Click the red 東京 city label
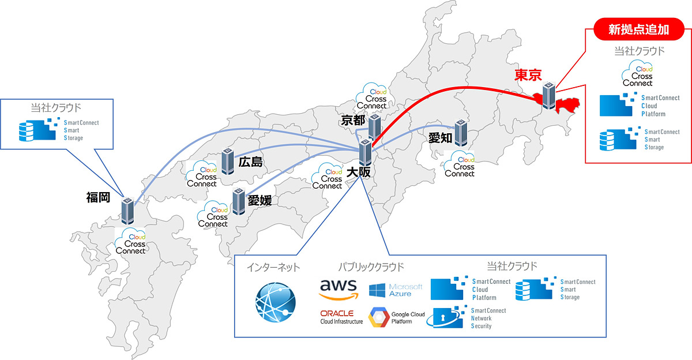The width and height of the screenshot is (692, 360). pos(528,76)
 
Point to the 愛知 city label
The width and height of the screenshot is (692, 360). pos(440,138)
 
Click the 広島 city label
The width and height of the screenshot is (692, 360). pos(250,163)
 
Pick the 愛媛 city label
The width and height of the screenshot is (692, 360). pos(259,200)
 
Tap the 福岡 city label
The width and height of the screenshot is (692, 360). pos(98,198)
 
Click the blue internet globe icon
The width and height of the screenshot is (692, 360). pos(276,301)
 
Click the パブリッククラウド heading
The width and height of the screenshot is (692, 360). pos(371,267)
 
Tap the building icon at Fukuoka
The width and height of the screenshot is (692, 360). pos(127,211)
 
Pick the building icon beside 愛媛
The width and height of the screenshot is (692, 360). pos(239,202)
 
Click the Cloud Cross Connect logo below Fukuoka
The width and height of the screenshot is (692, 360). pos(131,243)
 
